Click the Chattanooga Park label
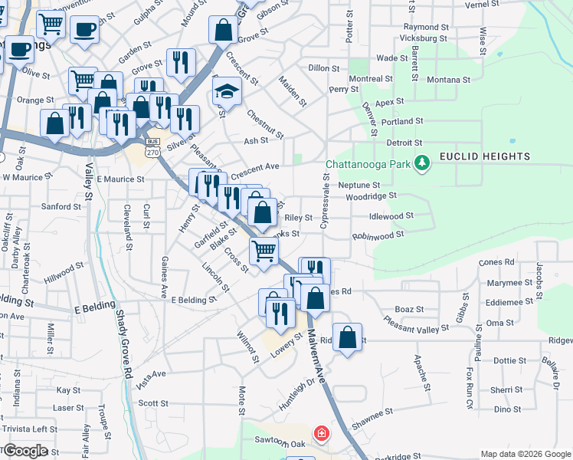pyautogui.click(x=367, y=164)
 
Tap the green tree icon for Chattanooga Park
pyautogui.click(x=421, y=163)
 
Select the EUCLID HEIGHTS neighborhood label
pyautogui.click(x=484, y=157)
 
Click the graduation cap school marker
pyautogui.click(x=225, y=92)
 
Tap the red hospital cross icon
pyautogui.click(x=321, y=434)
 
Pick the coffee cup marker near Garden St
pyautogui.click(x=84, y=30)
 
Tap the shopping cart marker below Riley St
pyautogui.click(x=264, y=249)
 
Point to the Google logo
pyautogui.click(x=25, y=451)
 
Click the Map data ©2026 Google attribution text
pyautogui.click(x=526, y=454)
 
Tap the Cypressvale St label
pyautogui.click(x=325, y=202)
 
